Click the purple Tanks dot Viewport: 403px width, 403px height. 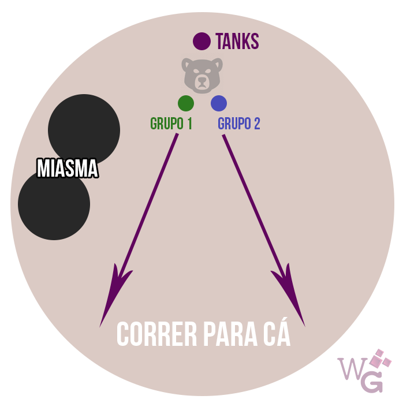pos(201,41)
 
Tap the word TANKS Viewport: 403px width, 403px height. pos(237,42)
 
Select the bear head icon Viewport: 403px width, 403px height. pos(201,74)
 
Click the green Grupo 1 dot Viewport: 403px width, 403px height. pos(186,103)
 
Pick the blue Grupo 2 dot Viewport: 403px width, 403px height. pos(219,103)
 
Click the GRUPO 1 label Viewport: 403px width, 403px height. pos(171,124)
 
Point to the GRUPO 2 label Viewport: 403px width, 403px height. pos(239,124)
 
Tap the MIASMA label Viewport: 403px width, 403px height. pos(67,169)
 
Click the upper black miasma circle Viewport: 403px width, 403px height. pos(84,127)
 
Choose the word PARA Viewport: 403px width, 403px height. pos(226,334)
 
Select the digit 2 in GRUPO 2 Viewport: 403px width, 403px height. pos(256,124)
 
